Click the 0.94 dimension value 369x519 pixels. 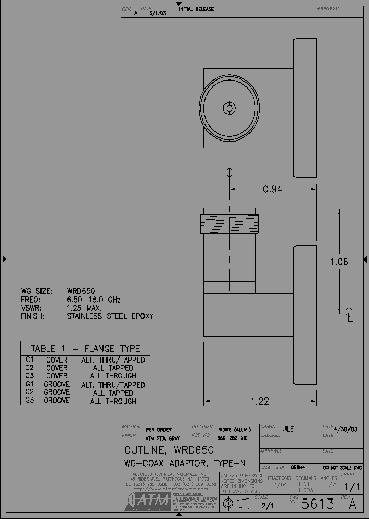(x=272, y=189)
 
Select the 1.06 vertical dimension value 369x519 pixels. (x=339, y=262)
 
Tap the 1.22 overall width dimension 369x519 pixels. (x=260, y=401)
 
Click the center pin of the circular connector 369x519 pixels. (x=229, y=108)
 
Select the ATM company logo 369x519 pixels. (x=146, y=501)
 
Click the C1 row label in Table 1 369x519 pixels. (x=29, y=360)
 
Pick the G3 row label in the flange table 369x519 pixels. (x=29, y=401)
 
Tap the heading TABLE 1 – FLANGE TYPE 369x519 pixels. (x=85, y=348)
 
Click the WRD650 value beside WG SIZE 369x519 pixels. (x=80, y=291)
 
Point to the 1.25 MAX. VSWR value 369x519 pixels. (x=85, y=308)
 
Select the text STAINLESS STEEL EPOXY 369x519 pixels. (x=110, y=316)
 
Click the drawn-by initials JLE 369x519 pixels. (x=288, y=429)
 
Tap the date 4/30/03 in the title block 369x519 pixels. (x=345, y=429)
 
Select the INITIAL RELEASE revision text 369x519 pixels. (x=196, y=9)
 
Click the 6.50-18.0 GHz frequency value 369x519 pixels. (x=94, y=300)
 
